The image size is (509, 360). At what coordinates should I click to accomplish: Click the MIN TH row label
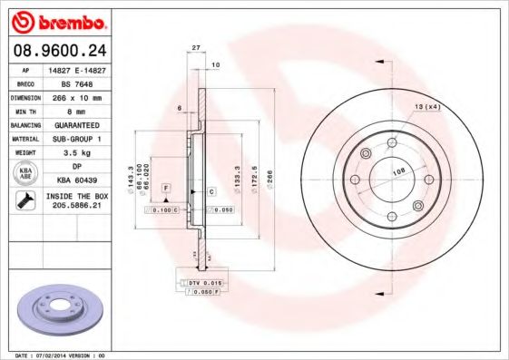pyautogui.click(x=25, y=110)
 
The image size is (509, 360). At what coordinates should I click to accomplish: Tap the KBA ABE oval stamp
pyautogui.click(x=26, y=173)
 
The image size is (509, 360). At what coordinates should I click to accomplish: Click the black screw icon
pyautogui.click(x=26, y=201)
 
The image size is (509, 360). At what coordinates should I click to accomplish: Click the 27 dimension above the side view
pyautogui.click(x=195, y=46)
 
